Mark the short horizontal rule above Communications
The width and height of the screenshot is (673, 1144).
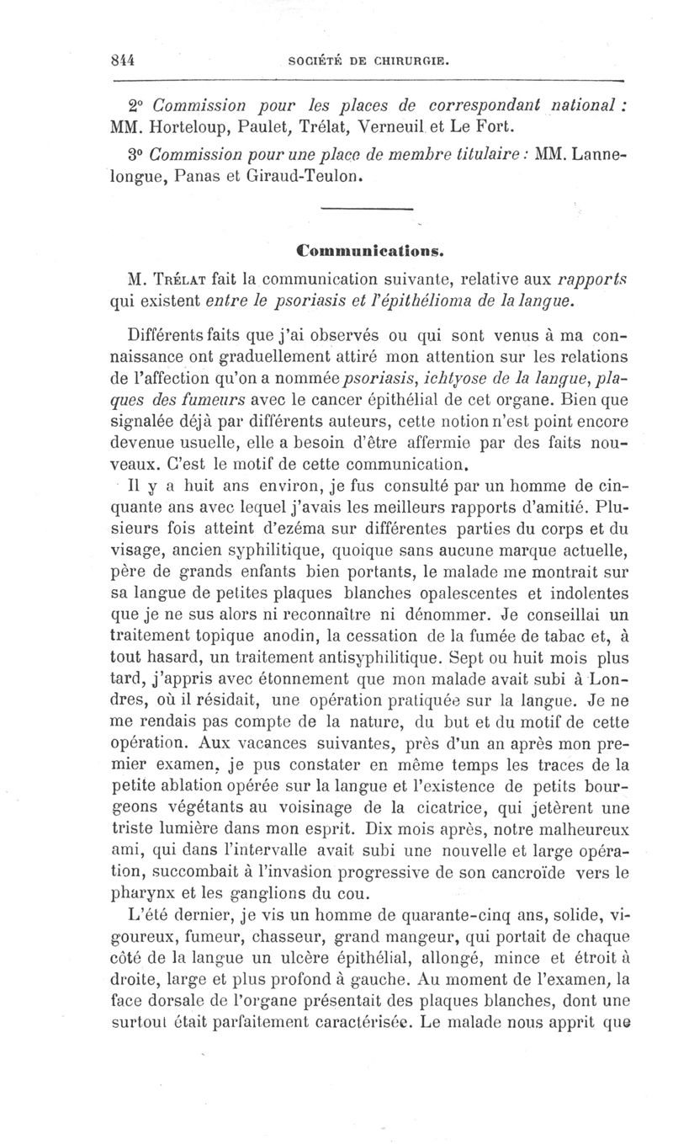click(368, 209)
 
